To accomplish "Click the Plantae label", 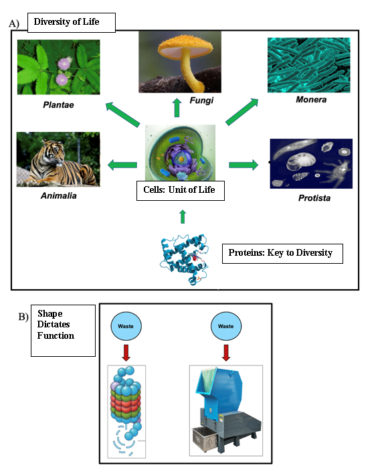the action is click(58, 104).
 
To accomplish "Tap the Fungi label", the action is click(201, 100).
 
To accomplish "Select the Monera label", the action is click(311, 100).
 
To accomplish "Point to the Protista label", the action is click(314, 198).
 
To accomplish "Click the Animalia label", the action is click(59, 195).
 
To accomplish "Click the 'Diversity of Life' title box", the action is click(72, 23).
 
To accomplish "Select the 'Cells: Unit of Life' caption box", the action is click(181, 191).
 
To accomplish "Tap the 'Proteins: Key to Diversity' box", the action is click(282, 254).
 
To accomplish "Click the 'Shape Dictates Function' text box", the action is click(63, 331).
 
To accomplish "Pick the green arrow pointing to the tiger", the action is click(122, 165).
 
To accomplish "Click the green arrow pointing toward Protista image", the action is click(244, 165).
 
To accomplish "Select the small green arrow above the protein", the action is click(183, 216).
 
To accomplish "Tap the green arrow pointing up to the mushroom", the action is click(177, 108).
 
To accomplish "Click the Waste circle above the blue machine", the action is click(226, 326).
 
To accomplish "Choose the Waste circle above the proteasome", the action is click(126, 326).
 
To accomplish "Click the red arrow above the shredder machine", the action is click(226, 352).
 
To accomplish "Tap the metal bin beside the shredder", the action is click(205, 439).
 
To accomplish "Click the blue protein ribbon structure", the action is click(185, 259).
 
